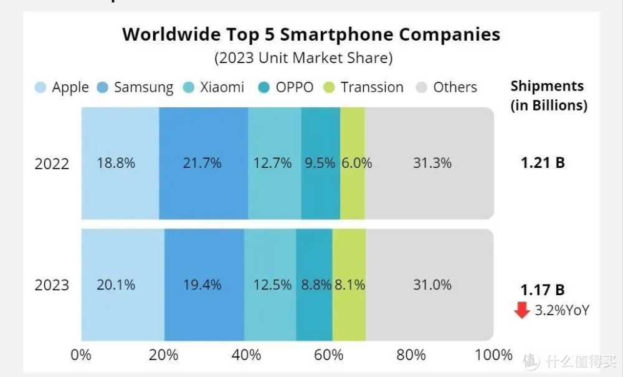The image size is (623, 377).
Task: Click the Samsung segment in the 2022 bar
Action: (203, 164)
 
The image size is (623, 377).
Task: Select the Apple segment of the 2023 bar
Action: (122, 285)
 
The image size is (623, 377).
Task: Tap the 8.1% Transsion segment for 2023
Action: (349, 285)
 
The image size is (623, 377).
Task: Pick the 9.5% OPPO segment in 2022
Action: (320, 164)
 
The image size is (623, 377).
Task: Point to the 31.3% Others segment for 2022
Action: (430, 164)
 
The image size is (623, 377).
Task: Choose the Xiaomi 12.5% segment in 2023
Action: (270, 285)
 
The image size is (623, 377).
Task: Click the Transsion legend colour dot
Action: (330, 88)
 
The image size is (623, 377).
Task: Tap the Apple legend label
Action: (70, 87)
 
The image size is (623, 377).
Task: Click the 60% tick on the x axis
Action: (328, 355)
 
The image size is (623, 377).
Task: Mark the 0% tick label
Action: (81, 355)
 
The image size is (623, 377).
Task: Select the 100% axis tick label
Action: (493, 355)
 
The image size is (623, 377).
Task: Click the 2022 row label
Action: (52, 164)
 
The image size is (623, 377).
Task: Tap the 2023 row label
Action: (52, 285)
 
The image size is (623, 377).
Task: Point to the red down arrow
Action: (522, 310)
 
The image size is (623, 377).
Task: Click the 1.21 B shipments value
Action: (543, 164)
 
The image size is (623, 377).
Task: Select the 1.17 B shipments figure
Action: (543, 290)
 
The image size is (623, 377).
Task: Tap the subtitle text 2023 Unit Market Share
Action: (303, 58)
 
